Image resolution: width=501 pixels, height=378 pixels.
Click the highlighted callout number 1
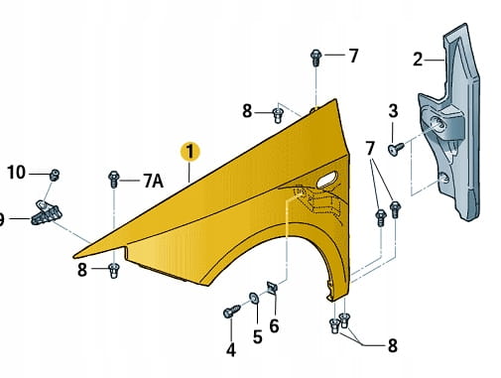tap(189, 152)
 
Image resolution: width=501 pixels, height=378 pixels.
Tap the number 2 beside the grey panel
tap(418, 60)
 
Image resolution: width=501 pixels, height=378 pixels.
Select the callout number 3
tap(393, 111)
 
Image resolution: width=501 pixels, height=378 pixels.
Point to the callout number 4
tap(231, 350)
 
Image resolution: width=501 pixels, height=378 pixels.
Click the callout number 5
tap(258, 337)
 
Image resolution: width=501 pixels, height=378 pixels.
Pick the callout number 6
tap(274, 325)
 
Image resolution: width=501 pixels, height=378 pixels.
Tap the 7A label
tap(153, 181)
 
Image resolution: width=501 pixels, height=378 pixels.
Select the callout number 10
tap(16, 173)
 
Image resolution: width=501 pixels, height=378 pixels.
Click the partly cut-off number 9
tap(2, 219)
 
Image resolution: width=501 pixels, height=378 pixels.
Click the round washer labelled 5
tap(254, 298)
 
